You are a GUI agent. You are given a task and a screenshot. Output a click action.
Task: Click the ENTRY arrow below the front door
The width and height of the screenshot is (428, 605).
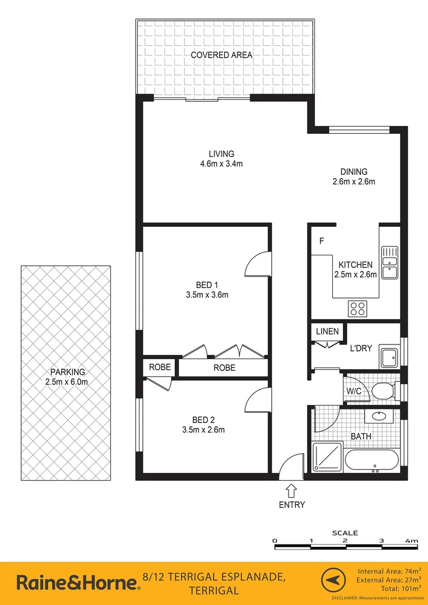[x=291, y=491]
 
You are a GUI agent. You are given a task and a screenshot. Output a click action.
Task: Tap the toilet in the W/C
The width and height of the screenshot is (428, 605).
[x=384, y=390]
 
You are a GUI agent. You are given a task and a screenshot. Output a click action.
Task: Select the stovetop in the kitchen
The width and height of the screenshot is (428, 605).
[x=358, y=308]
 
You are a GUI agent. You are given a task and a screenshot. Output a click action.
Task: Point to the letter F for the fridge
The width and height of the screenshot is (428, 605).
[x=322, y=241]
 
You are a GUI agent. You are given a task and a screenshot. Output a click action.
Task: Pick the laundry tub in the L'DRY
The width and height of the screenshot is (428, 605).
[x=389, y=358]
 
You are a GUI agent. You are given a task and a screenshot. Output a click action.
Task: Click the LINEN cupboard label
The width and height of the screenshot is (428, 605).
[x=327, y=331]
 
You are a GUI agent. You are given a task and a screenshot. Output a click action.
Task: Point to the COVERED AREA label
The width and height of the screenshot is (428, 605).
[x=221, y=55]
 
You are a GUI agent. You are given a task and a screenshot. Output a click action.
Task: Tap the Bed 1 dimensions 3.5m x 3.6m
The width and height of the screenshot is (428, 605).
[x=207, y=295]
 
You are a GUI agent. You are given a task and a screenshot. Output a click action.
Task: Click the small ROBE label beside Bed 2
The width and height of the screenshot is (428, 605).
[x=160, y=368]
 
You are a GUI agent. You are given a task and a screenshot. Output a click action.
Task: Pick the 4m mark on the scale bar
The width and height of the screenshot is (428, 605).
[x=412, y=541]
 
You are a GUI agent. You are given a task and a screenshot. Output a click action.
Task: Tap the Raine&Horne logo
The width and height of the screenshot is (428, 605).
[x=77, y=583]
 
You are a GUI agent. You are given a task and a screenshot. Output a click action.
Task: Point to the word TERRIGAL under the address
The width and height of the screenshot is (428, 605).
[x=214, y=590]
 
